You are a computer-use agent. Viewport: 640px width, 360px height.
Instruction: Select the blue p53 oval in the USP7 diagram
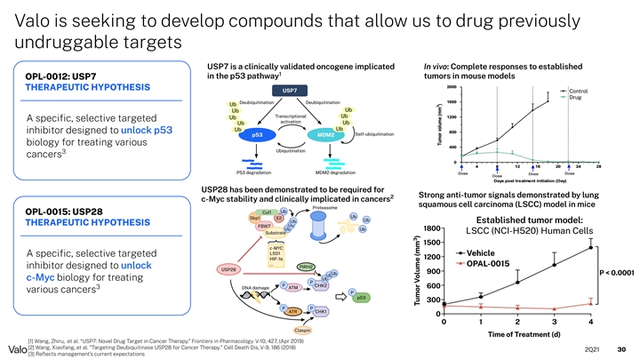pos(257,134)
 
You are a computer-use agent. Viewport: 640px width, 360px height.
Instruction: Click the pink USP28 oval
pos(228,268)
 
